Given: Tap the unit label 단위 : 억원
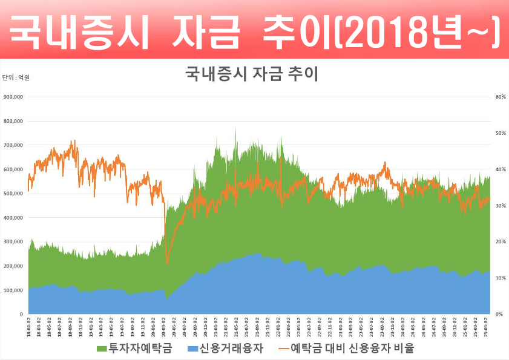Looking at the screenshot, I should pyautogui.click(x=16, y=77).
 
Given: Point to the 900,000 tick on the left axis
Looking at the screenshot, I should pyautogui.click(x=13, y=97).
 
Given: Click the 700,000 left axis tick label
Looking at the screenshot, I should pyautogui.click(x=13, y=145).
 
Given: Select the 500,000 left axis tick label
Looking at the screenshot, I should pyautogui.click(x=13, y=194).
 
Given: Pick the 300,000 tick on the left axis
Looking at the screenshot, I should pyautogui.click(x=13, y=242).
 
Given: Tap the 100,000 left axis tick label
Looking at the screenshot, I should pyautogui.click(x=13, y=290).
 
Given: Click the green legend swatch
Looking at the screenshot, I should pyautogui.click(x=101, y=349).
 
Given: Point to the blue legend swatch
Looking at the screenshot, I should pyautogui.click(x=192, y=349).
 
